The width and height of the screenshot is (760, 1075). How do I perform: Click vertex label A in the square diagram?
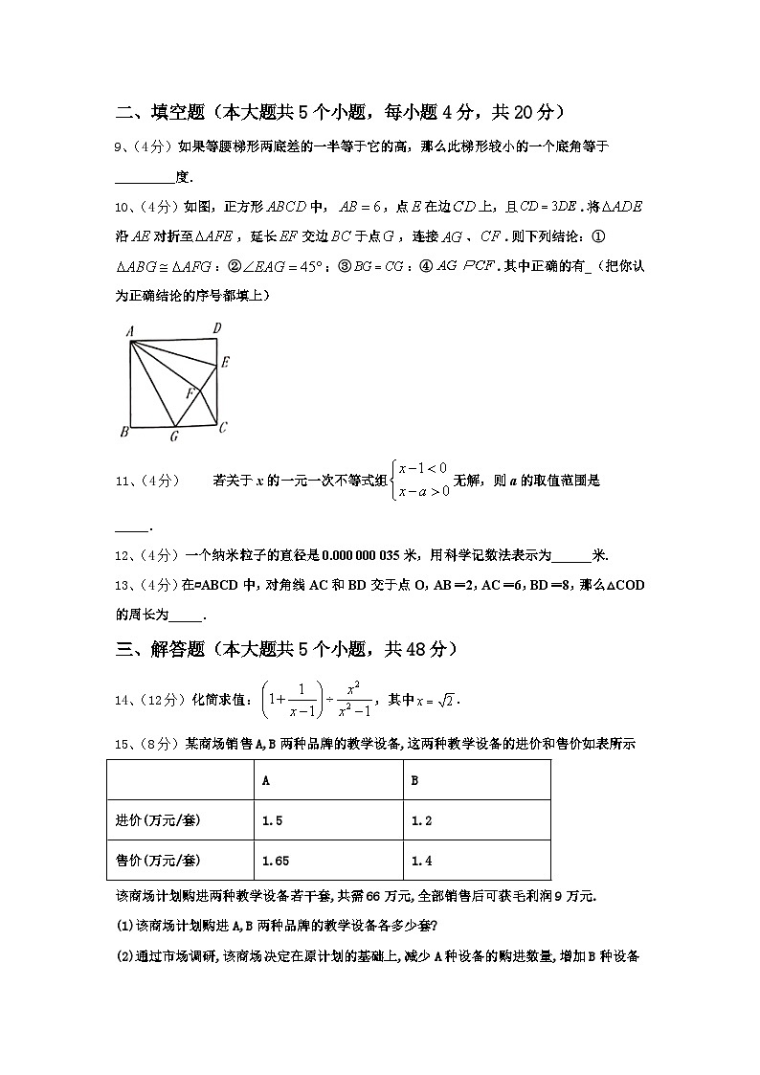[x=127, y=331]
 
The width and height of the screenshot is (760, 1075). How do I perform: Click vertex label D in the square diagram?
[x=217, y=329]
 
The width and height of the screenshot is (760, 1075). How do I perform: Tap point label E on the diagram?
[x=225, y=362]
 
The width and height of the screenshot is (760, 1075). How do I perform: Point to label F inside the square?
[x=190, y=392]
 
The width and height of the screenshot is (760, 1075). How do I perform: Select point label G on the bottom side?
[x=173, y=437]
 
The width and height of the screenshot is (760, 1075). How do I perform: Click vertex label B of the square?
[x=124, y=433]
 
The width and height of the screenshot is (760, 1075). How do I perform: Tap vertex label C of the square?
[x=222, y=428]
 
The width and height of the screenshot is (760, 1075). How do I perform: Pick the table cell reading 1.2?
[x=421, y=820]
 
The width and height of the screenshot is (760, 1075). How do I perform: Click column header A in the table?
[x=265, y=780]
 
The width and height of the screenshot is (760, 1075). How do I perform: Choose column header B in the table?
[x=414, y=780]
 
